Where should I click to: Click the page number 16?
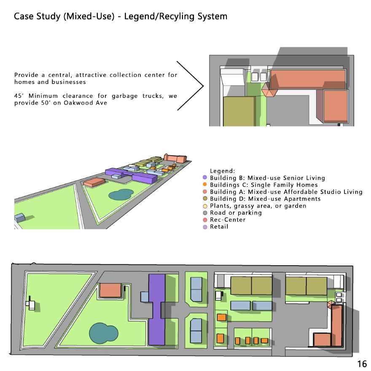click(x=362, y=363)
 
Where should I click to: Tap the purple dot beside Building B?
click(x=205, y=178)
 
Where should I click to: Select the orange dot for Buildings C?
click(x=205, y=185)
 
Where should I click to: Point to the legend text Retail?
click(x=219, y=227)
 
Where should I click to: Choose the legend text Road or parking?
click(x=236, y=212)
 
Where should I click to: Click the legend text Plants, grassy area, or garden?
click(x=258, y=206)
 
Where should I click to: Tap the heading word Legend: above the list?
click(x=222, y=171)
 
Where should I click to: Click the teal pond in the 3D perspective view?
click(x=121, y=194)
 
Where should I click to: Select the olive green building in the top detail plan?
click(x=239, y=111)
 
